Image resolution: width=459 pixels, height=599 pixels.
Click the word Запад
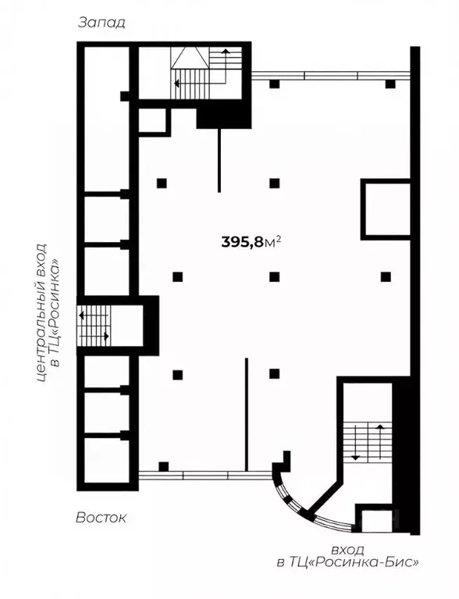coord(101,23)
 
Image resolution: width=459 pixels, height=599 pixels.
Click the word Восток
coord(101,518)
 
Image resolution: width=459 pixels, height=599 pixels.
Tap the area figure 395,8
coord(243,242)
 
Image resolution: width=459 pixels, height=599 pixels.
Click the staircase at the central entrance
coord(94,326)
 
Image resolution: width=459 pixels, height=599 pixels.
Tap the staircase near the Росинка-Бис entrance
coord(368,442)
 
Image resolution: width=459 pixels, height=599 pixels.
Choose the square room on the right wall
coord(386,209)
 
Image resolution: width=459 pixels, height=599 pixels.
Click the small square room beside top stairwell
coord(153,121)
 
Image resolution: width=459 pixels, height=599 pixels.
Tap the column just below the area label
coord(274,276)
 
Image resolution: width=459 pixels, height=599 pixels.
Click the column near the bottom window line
coord(163,466)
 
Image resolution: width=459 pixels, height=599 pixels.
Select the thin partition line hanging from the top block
coord(219,160)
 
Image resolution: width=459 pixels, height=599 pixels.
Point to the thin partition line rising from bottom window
coord(247,414)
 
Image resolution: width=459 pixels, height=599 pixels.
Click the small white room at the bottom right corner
coord(376,521)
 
